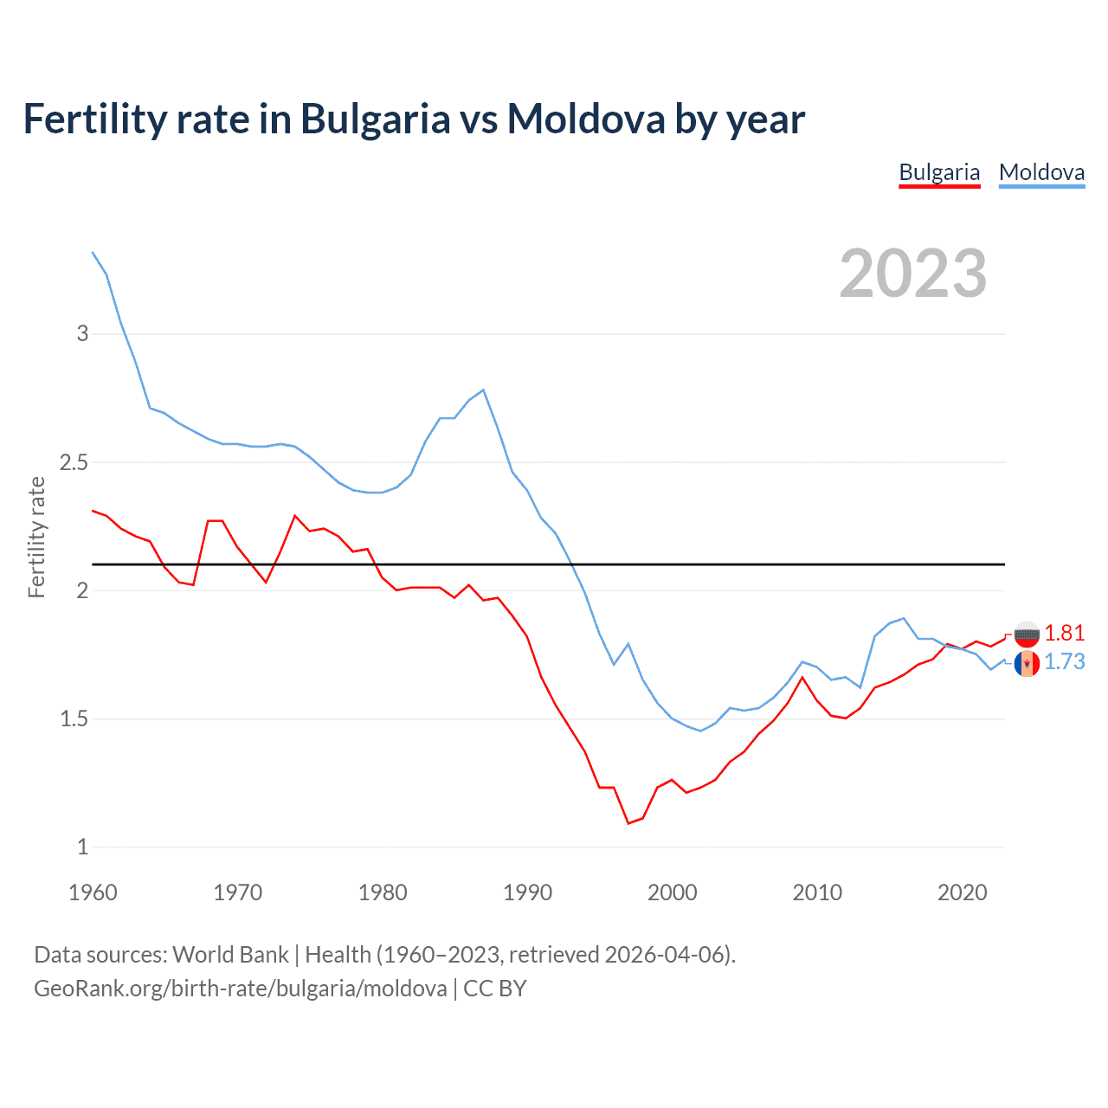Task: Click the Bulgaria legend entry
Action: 939,172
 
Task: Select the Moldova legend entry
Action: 1041,172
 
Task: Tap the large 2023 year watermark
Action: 913,274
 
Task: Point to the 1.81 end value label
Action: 1064,633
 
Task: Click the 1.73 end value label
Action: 1064,661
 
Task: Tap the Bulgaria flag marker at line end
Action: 1027,635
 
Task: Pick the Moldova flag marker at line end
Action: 1027,664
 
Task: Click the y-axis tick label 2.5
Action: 74,462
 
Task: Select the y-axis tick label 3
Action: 82,333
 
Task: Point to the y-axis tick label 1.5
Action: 74,718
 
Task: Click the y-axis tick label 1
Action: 82,847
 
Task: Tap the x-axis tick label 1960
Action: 93,892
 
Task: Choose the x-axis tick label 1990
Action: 527,892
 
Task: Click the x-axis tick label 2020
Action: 962,892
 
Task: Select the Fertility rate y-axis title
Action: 36,537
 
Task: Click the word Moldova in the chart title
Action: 586,119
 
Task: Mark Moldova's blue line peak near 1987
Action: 483,390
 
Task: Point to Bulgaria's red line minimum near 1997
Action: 628,823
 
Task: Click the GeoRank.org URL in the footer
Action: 240,989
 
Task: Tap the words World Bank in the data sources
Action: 230,955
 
